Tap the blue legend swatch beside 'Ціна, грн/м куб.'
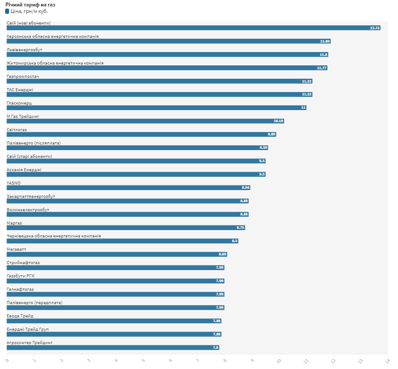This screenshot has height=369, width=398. pos(7,11)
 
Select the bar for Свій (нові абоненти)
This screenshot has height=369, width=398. pos(193,28)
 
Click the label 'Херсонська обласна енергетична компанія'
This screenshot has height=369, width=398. pos(53,37)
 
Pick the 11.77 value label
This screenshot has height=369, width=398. pos(321,68)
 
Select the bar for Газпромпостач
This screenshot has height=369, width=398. pos(159,81)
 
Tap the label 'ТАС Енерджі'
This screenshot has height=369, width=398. pos(20,90)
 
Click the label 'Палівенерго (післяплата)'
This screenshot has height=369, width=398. pos(34,143)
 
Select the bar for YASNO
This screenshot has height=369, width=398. pos(129,188)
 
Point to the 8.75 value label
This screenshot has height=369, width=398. pos(240,228)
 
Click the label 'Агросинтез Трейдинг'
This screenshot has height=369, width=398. pos(30,343)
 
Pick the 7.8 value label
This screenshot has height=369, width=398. pos(215,348)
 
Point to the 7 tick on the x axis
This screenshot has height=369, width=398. pos(197,360)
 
